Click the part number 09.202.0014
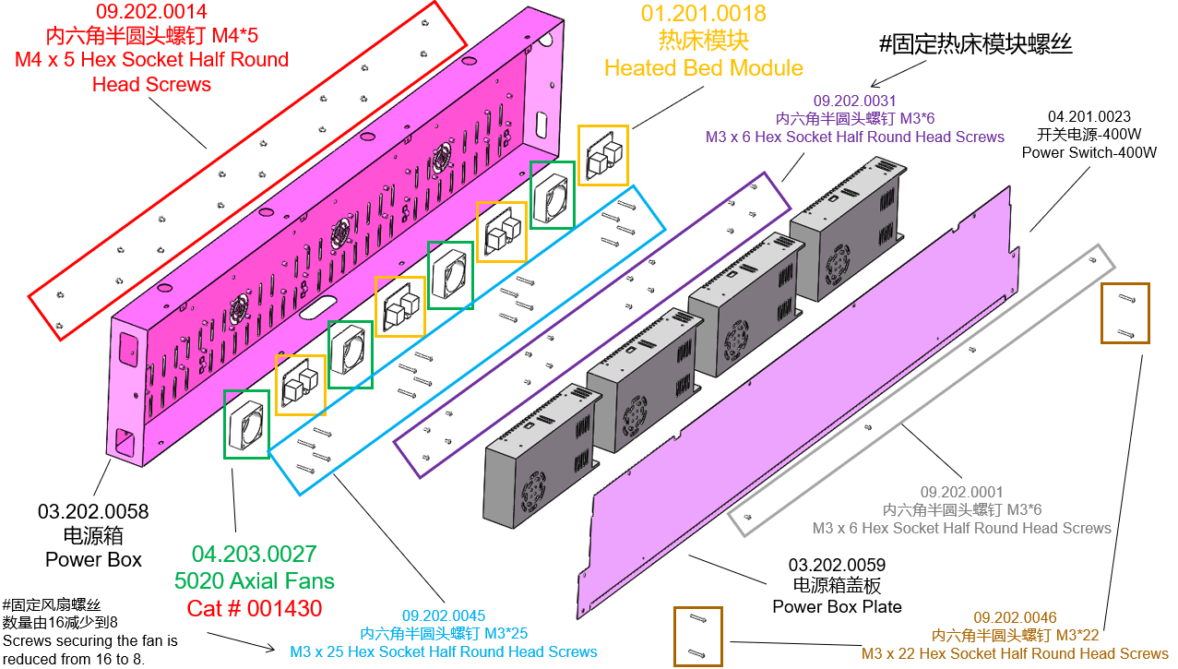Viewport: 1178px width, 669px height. coord(151,12)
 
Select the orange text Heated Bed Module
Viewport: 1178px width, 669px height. coord(703,67)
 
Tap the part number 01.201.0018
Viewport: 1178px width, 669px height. coord(703,14)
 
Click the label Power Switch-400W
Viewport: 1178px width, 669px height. coord(1089,152)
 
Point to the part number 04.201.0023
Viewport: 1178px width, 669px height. coord(1089,117)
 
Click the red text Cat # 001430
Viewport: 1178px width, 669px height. coord(255,608)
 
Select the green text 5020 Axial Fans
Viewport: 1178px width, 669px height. coord(255,581)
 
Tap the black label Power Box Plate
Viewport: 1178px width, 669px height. coord(837,606)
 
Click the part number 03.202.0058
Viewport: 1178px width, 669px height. coord(93,511)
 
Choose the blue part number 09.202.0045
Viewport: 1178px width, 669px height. coord(443,616)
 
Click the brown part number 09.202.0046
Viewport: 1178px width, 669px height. coord(1015,617)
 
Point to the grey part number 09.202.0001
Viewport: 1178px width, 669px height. coord(961,493)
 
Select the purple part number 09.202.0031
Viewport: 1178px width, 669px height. coord(854,101)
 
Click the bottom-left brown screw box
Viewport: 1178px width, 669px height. coord(698,636)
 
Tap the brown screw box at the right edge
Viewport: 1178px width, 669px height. coord(1124,314)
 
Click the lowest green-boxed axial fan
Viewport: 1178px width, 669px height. coord(246,424)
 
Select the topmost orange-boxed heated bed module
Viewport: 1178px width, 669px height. coord(603,155)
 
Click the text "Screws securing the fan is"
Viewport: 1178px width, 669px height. coord(90,639)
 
